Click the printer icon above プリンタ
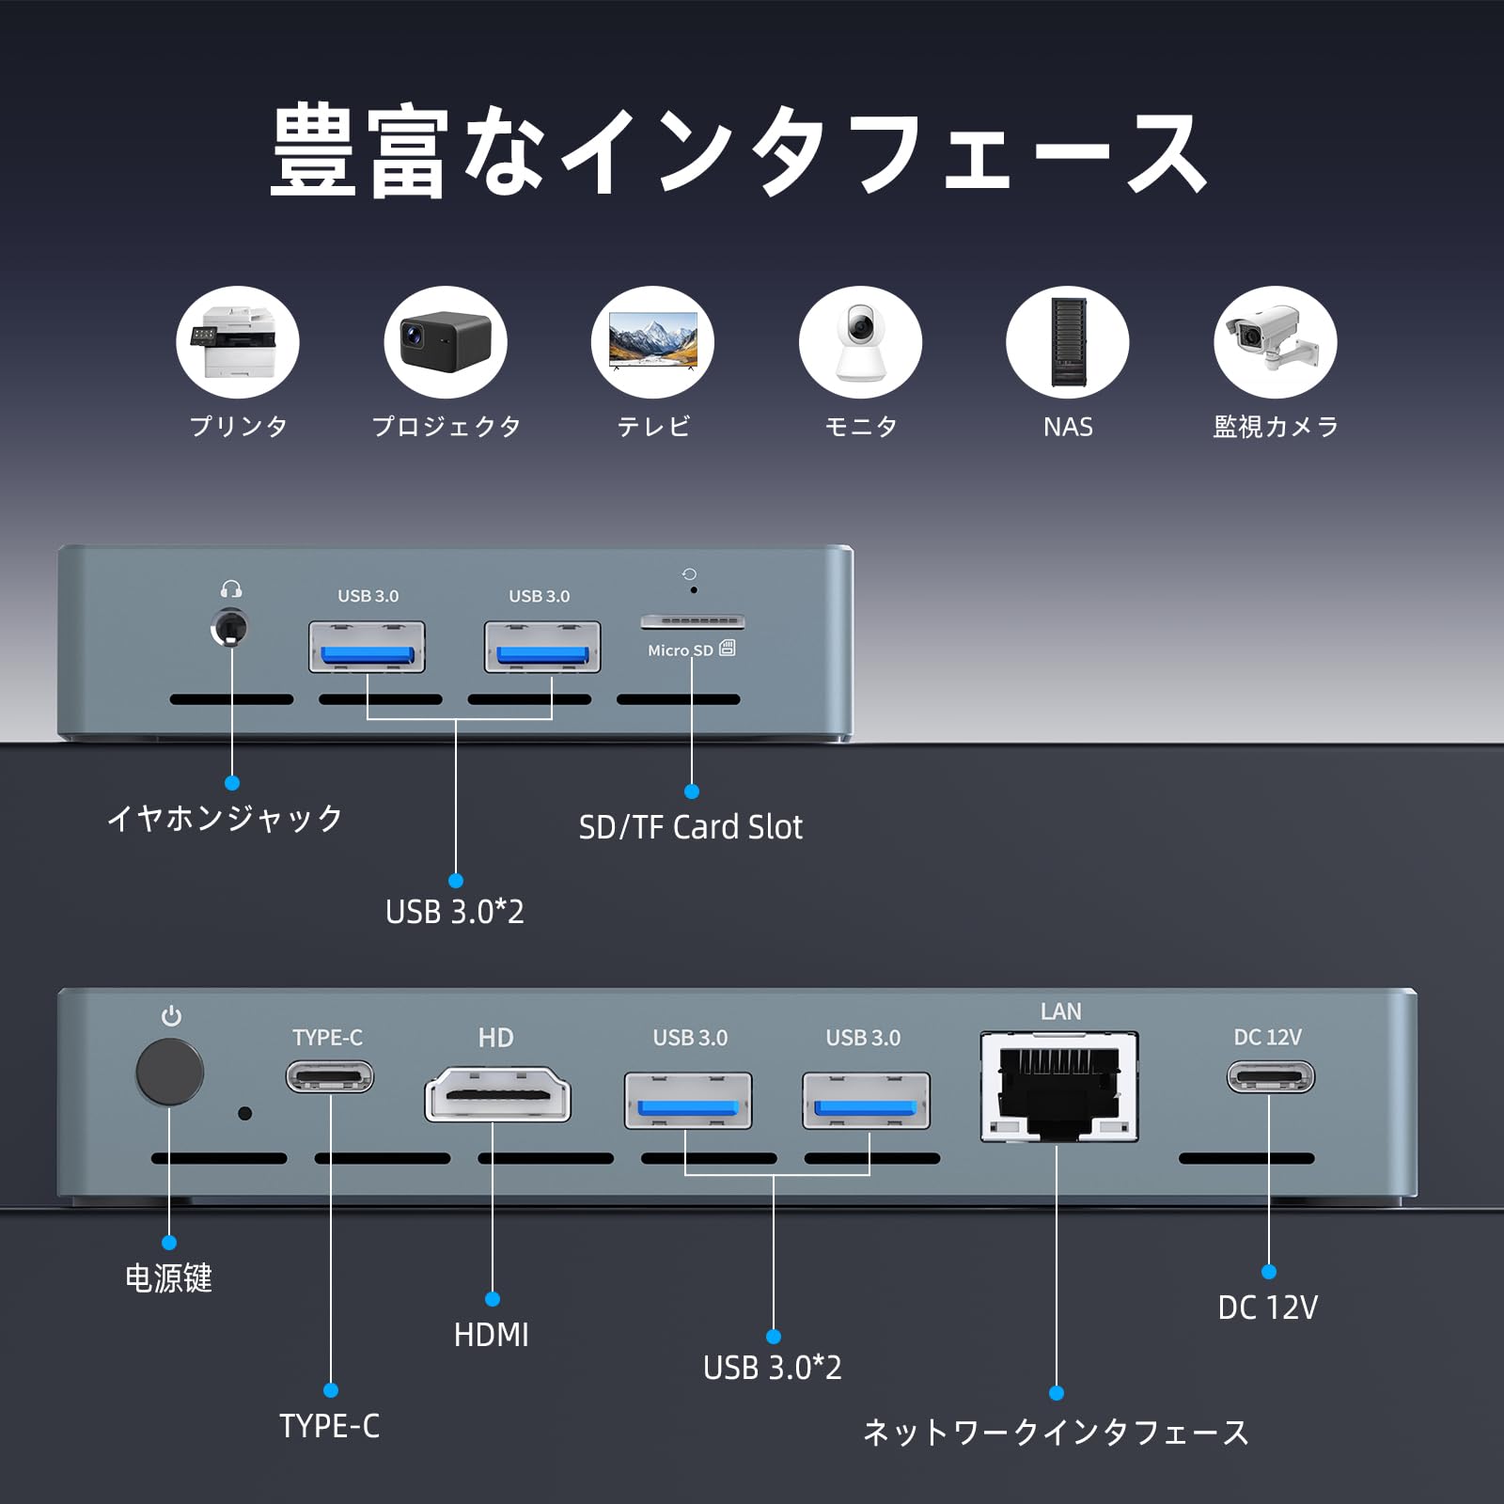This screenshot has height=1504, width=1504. coord(237,342)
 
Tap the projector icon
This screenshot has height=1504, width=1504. coord(445,342)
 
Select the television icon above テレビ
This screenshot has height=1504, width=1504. coord(652,342)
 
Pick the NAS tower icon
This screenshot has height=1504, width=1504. coord(1068,342)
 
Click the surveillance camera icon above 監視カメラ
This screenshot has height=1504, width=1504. coord(1275,342)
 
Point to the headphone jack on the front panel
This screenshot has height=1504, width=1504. coord(230,627)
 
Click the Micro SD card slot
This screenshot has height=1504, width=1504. coord(693,621)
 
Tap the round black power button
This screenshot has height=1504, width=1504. coord(169,1072)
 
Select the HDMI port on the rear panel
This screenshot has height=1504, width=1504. coord(497,1095)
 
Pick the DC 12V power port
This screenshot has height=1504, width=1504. coord(1270,1076)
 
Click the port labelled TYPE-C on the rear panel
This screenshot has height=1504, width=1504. coord(330,1076)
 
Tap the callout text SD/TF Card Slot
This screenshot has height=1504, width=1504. coord(691,827)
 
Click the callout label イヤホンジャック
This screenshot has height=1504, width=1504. coord(226,818)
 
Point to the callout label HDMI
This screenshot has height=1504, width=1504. coord(492,1335)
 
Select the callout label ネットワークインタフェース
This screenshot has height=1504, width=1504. coord(1056,1433)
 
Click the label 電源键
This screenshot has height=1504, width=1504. coord(169,1278)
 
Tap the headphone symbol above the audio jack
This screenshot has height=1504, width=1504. coord(231,589)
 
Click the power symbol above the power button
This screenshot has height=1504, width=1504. coord(171,1016)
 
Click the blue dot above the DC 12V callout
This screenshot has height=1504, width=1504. coord(1269,1272)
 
